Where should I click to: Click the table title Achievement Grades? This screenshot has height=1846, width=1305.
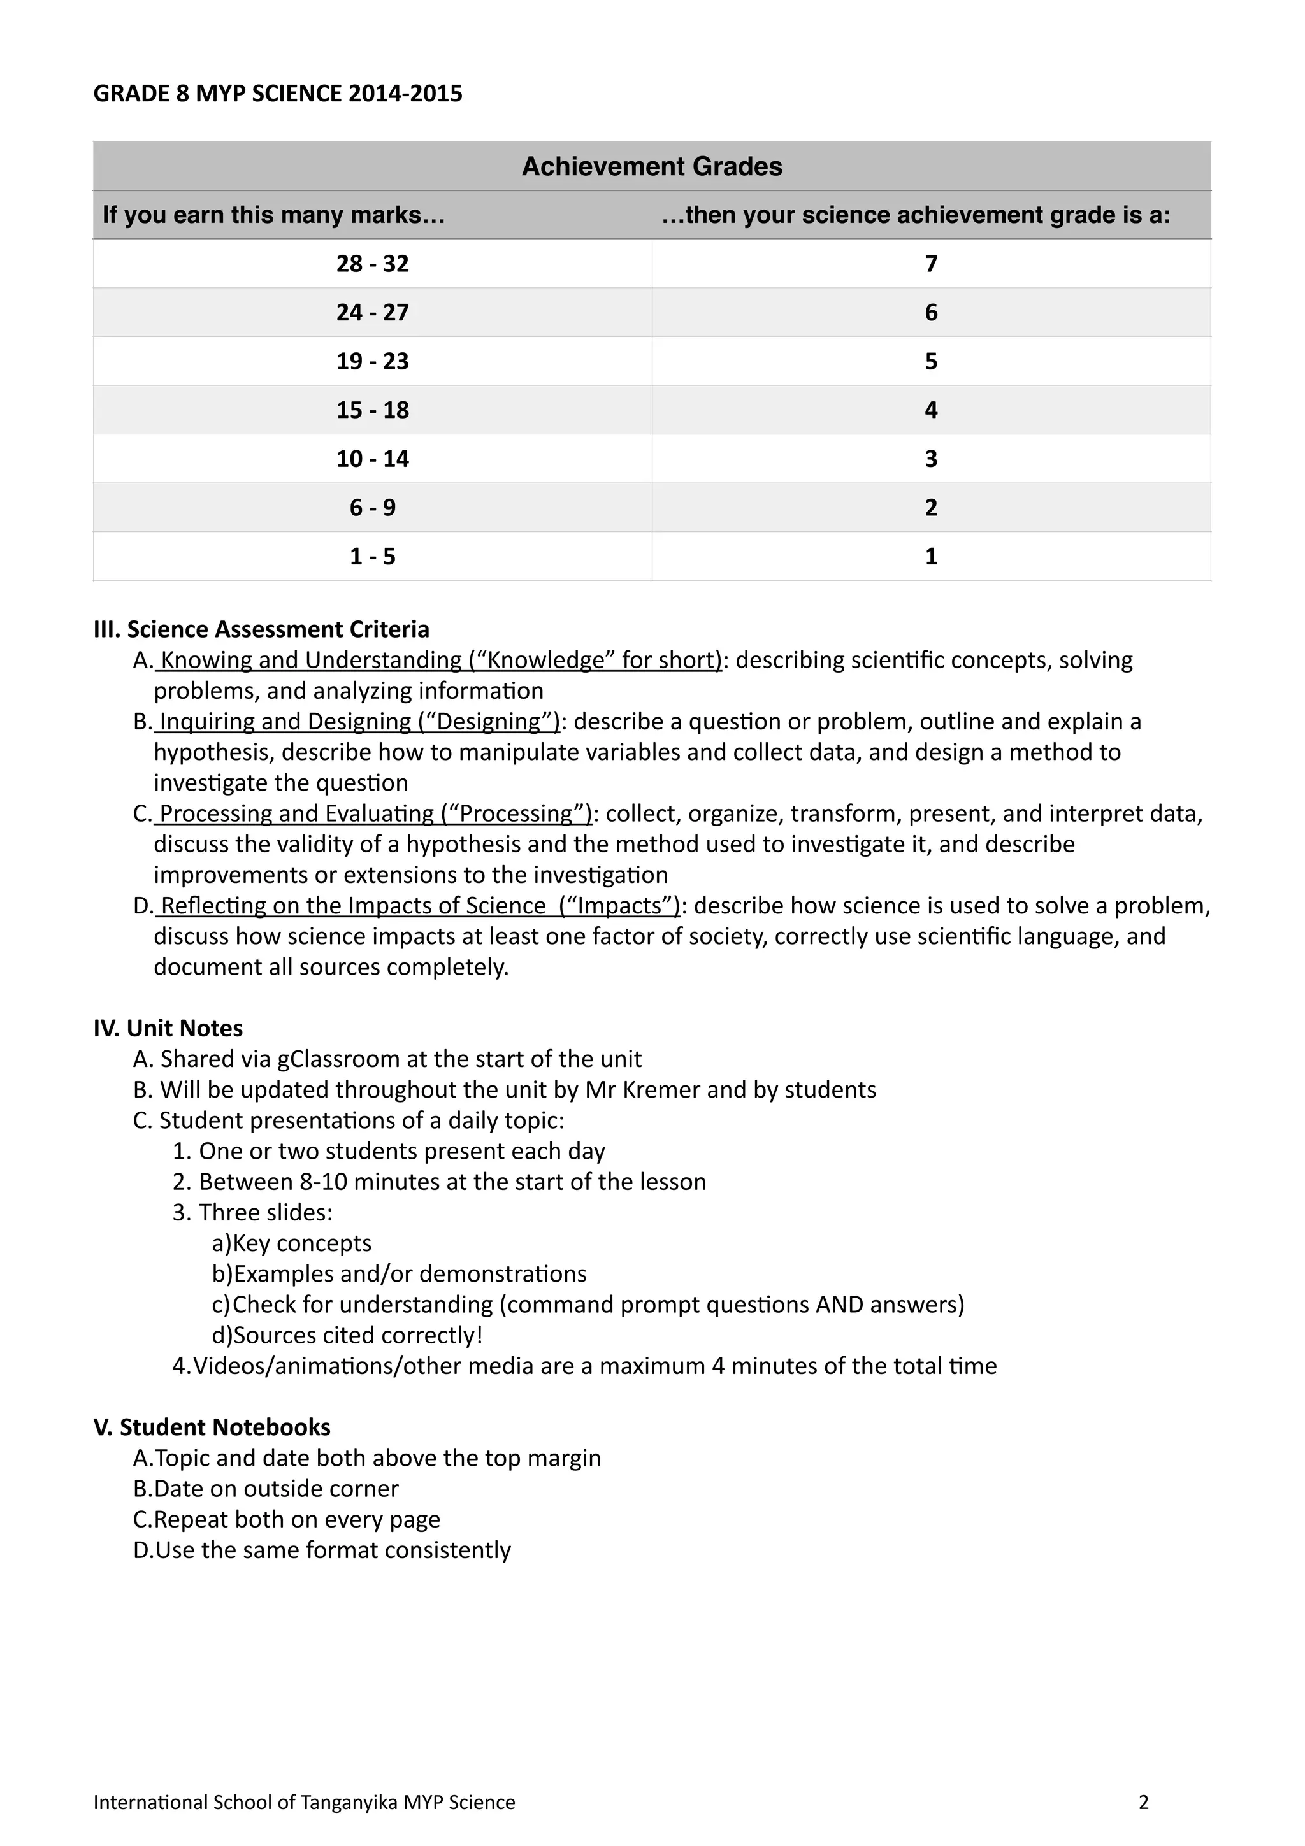(x=651, y=166)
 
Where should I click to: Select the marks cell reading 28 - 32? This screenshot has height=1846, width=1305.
(x=372, y=264)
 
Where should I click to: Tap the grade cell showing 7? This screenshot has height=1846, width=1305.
(x=930, y=264)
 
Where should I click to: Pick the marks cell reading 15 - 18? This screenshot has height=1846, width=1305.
(x=372, y=410)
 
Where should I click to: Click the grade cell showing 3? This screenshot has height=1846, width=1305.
(x=930, y=459)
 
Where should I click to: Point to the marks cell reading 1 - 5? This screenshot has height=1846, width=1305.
(x=372, y=556)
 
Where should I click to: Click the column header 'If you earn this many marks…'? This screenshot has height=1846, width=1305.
(x=273, y=215)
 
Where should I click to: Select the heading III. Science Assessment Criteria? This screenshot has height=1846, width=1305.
(x=261, y=629)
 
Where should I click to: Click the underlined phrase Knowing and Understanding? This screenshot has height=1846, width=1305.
(x=310, y=660)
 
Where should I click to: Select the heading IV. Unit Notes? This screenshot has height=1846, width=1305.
(x=168, y=1028)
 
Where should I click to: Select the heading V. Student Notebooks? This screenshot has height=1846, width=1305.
(x=212, y=1427)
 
